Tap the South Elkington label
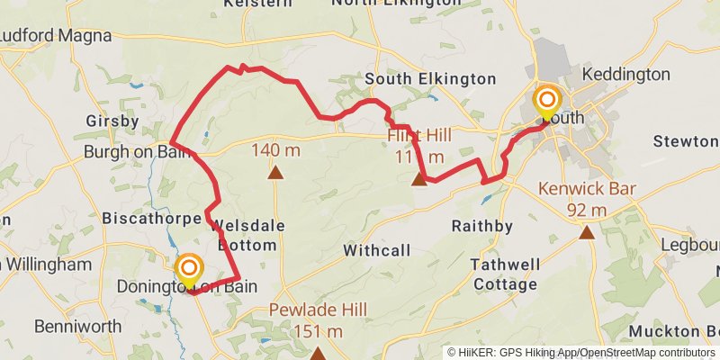[430, 79]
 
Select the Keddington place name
[626, 73]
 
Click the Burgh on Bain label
[138, 151]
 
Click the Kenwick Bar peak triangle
[587, 233]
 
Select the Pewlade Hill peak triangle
[318, 354]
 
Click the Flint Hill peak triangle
[418, 180]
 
